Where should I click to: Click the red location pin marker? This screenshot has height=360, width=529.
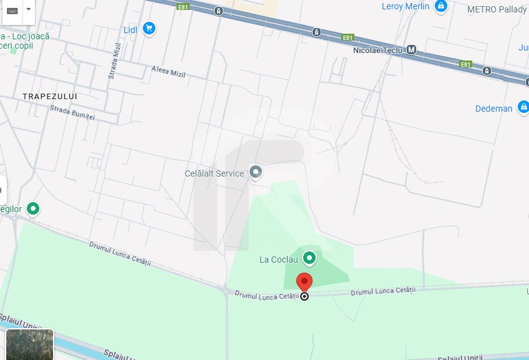pos(304,282)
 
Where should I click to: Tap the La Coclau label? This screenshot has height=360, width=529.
pos(279,259)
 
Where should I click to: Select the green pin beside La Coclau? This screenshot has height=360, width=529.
pos(309,258)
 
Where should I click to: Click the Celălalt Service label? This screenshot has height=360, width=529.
pos(214,173)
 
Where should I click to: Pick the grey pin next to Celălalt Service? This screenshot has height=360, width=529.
pos(255,172)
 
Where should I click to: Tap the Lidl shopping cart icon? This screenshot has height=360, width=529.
pos(148,28)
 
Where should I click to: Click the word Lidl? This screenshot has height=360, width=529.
pos(130,29)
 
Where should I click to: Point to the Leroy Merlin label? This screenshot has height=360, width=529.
pos(405,6)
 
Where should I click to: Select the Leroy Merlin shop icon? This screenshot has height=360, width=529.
pos(441,6)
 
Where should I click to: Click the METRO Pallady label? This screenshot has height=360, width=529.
pos(497,9)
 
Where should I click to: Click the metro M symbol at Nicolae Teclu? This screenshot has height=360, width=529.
pos(411,50)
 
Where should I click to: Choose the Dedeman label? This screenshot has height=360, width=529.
pos(493,109)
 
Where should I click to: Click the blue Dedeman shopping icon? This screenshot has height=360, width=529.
pos(523,108)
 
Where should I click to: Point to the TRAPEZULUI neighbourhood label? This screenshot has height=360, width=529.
pos(49,96)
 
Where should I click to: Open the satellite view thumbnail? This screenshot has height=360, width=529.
pos(30,344)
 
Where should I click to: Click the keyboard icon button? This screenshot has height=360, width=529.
pos(12,11)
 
